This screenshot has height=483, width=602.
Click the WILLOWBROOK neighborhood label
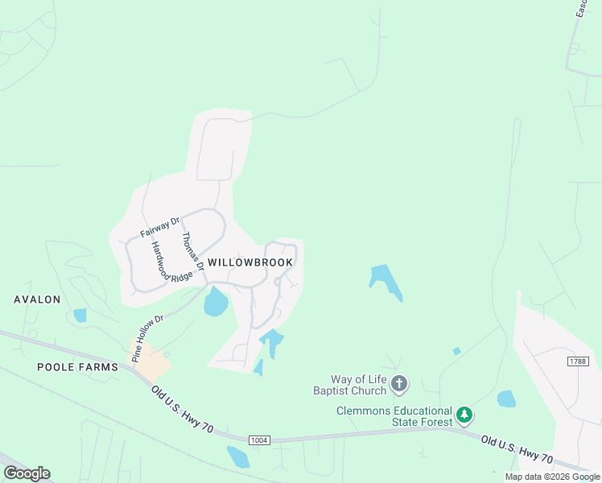(x=250, y=262)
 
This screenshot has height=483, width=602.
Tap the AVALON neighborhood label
(x=37, y=299)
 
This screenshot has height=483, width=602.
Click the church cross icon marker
(x=400, y=385)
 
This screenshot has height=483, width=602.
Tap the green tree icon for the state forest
(x=464, y=416)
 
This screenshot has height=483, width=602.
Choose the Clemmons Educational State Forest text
(x=394, y=416)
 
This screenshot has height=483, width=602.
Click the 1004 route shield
(x=258, y=440)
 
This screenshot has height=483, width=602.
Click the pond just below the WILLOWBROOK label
(x=216, y=303)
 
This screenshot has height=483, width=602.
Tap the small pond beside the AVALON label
(x=80, y=315)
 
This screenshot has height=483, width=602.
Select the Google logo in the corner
(x=27, y=473)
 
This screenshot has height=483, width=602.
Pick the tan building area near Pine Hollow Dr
(x=151, y=361)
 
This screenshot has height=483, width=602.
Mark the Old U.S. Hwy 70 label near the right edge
(x=517, y=449)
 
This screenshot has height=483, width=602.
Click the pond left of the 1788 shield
(x=505, y=398)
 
